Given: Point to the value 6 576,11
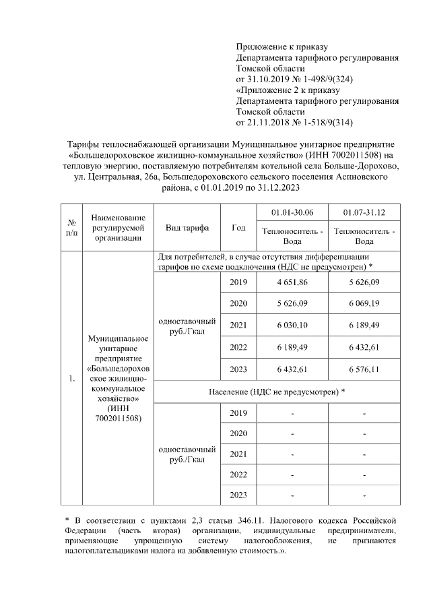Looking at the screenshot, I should point(364,369).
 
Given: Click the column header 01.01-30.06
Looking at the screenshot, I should point(291,214).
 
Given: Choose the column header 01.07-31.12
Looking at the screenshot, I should point(364,214).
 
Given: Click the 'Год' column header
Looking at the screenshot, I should point(238,228).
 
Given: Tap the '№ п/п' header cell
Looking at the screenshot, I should point(71,228).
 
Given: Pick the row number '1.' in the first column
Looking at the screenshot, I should point(71,379).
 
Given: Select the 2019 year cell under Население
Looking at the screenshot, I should point(238,413).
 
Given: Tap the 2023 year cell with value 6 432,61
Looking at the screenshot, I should point(238,369).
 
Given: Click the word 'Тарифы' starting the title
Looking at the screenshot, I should point(84,144).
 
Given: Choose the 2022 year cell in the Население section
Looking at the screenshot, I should point(238,475).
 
